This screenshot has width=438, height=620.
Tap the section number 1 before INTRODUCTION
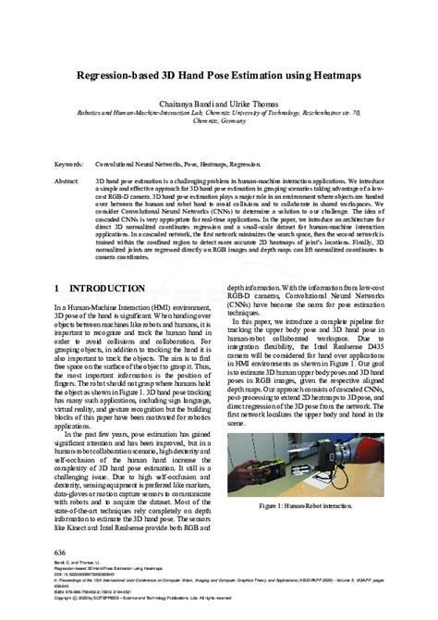click(x=57, y=290)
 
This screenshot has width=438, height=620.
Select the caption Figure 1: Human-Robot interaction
click(x=306, y=508)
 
